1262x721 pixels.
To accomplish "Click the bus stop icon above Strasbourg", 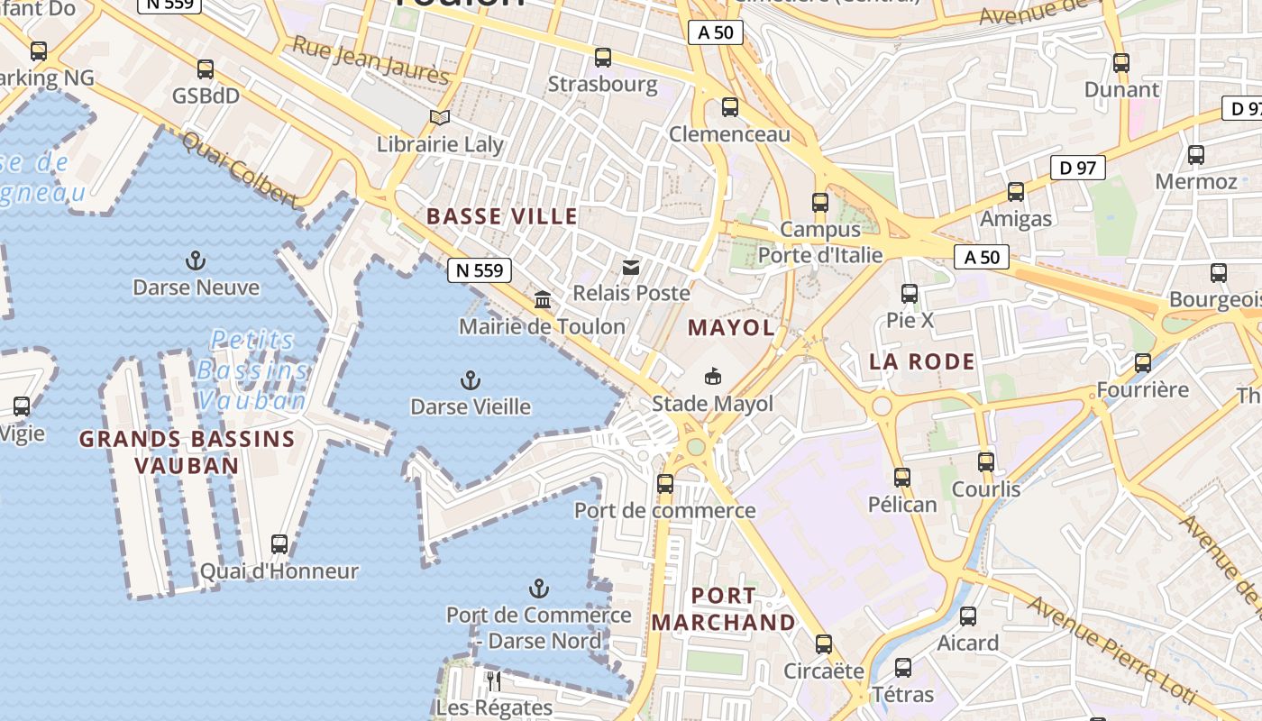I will click(x=603, y=58).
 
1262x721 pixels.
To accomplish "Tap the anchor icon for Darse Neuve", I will click(x=196, y=261).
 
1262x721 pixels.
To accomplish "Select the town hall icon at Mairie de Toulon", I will click(x=543, y=299).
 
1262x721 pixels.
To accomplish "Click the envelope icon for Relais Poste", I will click(x=631, y=267).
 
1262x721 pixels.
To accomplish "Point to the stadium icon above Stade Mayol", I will click(x=713, y=376).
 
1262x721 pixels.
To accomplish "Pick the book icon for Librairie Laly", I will click(x=440, y=117).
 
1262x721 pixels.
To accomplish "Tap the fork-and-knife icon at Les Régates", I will click(x=493, y=680).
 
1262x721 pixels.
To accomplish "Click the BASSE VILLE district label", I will click(x=502, y=216).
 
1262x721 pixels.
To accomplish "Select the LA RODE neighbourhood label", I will click(x=922, y=362).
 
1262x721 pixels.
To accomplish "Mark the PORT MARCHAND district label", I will click(x=724, y=609).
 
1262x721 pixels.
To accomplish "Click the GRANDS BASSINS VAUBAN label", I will click(x=187, y=452).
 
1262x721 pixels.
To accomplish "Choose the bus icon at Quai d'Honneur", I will click(x=279, y=544).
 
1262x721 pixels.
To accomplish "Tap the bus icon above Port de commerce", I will click(x=665, y=484).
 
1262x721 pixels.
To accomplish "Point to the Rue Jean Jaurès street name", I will click(x=370, y=60).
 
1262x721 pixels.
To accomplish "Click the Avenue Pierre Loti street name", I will click(x=1122, y=649).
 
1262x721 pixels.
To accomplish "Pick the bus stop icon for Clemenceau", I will click(x=730, y=107).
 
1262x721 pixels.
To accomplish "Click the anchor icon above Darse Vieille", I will click(x=470, y=379).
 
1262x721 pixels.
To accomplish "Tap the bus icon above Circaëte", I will click(x=824, y=644).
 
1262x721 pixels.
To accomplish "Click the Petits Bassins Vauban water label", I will click(x=252, y=370).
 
